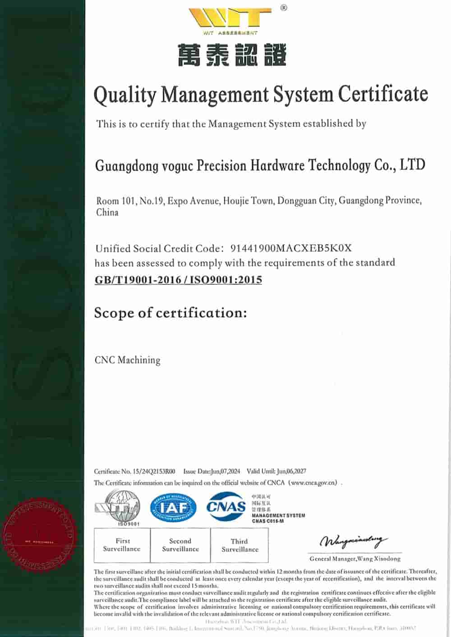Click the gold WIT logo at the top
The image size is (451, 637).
click(230, 19)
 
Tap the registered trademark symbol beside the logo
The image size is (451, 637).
click(283, 8)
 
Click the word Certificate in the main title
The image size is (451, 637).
click(383, 94)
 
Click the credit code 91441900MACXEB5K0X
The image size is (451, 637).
click(291, 248)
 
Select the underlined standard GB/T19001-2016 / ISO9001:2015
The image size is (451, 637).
click(178, 280)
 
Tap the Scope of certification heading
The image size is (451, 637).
click(170, 313)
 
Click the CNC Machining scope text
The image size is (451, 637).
click(127, 360)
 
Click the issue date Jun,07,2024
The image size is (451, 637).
click(225, 472)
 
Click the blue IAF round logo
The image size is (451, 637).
click(173, 508)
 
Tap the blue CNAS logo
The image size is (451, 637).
click(226, 507)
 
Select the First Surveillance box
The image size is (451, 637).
click(122, 545)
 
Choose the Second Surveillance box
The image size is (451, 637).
click(180, 545)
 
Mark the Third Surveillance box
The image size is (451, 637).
click(239, 546)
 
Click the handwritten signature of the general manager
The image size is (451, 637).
click(353, 541)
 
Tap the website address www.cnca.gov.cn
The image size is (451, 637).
click(314, 483)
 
